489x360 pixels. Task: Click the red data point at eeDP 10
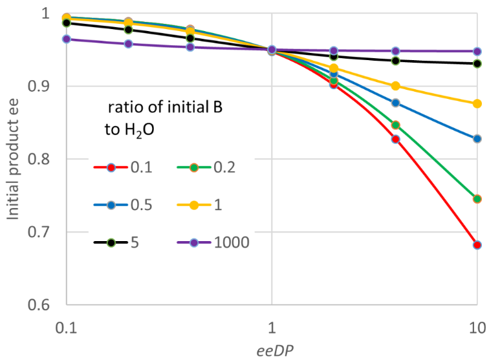(477, 245)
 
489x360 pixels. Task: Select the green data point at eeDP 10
(477, 199)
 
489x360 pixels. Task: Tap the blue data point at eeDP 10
(477, 139)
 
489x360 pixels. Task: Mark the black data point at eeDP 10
(477, 63)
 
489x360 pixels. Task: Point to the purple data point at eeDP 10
(477, 51)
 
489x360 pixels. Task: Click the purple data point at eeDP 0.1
(67, 39)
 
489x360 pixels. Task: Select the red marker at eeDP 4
(396, 139)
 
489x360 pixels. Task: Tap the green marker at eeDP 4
(396, 125)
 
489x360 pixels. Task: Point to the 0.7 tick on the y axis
(43, 232)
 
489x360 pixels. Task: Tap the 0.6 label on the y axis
(43, 305)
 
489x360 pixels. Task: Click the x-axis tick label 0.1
(67, 327)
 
